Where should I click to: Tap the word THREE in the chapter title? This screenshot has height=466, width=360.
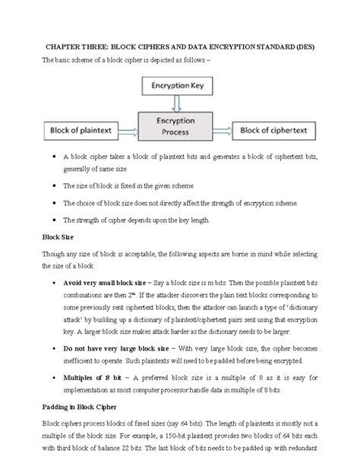[99, 46]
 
